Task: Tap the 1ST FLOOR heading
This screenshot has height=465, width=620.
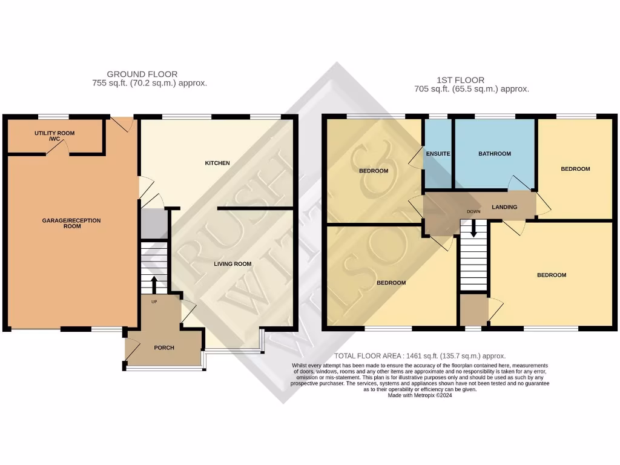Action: click(x=460, y=80)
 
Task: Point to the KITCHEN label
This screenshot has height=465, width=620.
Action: click(x=217, y=163)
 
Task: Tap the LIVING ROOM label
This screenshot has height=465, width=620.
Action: click(x=232, y=264)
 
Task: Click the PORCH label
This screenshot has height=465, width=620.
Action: click(x=164, y=348)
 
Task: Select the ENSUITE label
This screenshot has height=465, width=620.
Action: click(x=438, y=154)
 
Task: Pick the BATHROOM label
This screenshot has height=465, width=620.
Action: click(x=495, y=154)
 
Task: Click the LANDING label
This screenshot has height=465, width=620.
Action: click(x=504, y=207)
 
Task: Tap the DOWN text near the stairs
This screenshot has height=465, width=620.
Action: click(x=473, y=212)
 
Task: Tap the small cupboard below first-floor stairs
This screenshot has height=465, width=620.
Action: click(x=473, y=309)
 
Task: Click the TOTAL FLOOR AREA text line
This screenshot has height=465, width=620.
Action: click(x=420, y=356)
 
